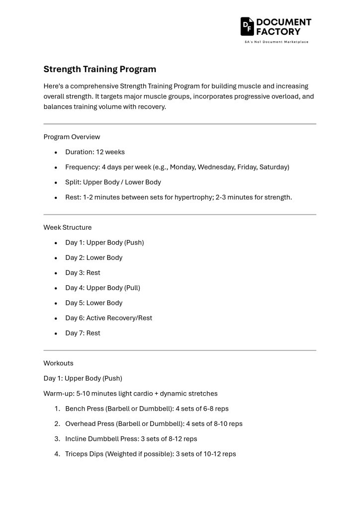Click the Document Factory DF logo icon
[247, 26]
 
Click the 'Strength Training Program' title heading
[99, 69]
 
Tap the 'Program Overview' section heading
[72, 137]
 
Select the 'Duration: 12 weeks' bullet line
[95, 152]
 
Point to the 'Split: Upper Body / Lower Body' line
[113, 182]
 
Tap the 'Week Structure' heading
[68, 227]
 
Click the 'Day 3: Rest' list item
[83, 272]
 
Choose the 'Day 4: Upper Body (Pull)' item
[102, 288]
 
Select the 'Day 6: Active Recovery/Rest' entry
[108, 318]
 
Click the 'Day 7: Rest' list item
[83, 333]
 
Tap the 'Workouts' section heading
[58, 363]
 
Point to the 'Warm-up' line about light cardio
[130, 393]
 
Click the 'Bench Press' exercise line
[147, 409]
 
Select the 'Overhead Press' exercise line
[154, 424]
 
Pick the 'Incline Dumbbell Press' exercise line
[131, 439]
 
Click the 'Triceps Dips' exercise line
[150, 454]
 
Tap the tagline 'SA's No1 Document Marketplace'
[276, 42]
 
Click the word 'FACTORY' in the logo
[278, 31]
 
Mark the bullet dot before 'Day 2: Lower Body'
[56, 258]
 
